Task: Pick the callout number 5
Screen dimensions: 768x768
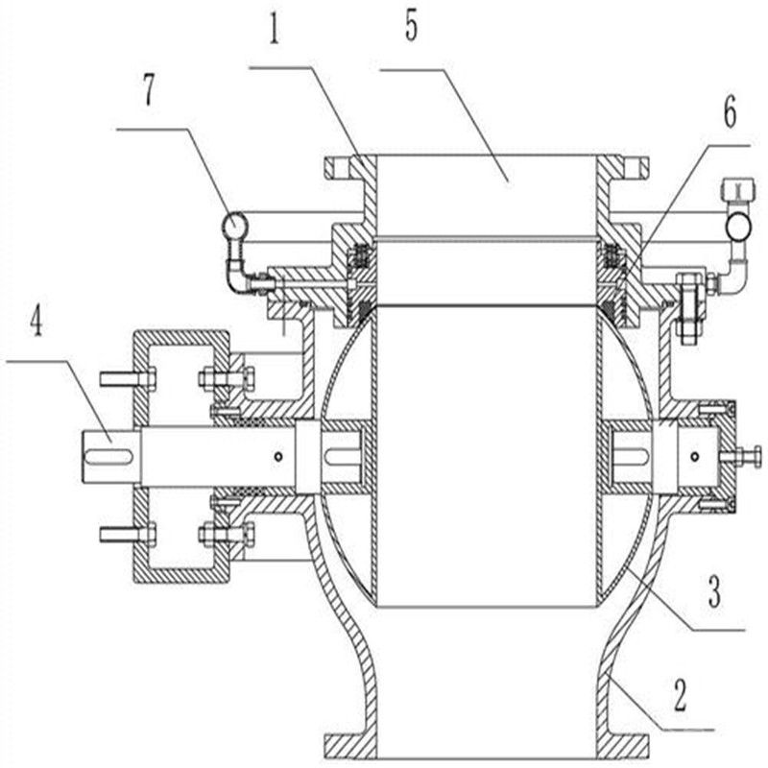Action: pos(412,27)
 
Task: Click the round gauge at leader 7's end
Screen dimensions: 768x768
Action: pos(233,226)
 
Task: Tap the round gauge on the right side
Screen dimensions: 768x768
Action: pos(738,226)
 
